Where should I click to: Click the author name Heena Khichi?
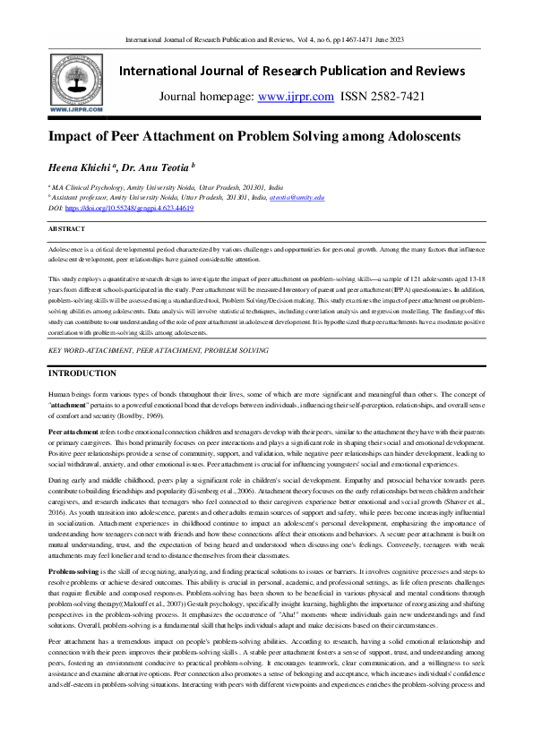pyautogui.click(x=87, y=167)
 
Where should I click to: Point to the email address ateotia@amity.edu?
pyautogui.click(x=297, y=197)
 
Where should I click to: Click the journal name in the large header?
pyautogui.click(x=305, y=70)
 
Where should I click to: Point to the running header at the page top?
pyautogui.click(x=266, y=40)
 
